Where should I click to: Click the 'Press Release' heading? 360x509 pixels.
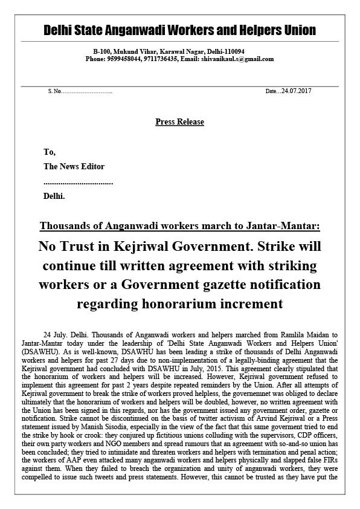(x=179, y=122)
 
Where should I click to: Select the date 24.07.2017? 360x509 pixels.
(x=298, y=91)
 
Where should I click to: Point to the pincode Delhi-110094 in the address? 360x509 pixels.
(x=226, y=52)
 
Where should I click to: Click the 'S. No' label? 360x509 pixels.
(x=54, y=91)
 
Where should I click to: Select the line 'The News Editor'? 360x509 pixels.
(x=74, y=167)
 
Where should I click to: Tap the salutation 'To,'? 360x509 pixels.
(x=50, y=152)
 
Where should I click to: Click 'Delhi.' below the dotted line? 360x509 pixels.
(x=54, y=196)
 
